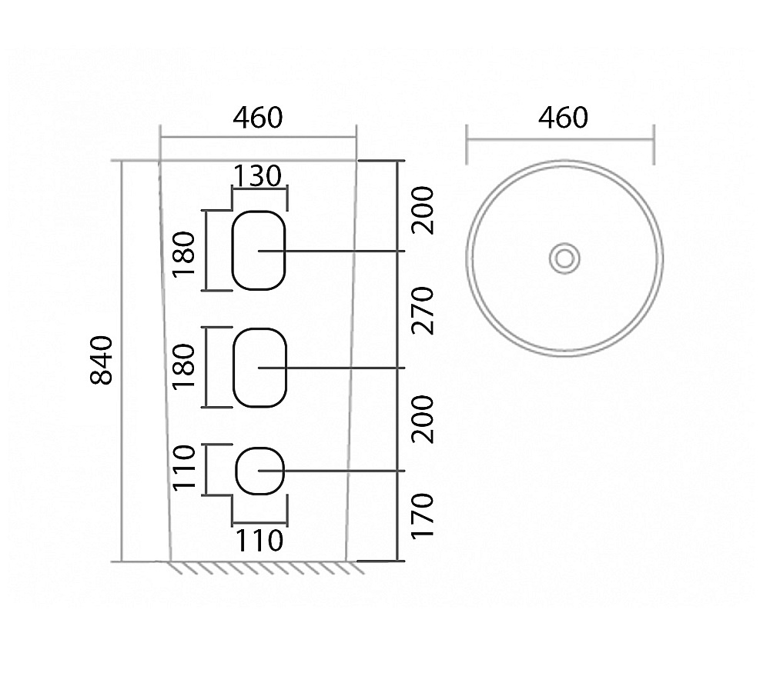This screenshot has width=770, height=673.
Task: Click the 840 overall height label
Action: coord(103,360)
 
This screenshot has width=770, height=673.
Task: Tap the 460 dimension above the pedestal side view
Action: coord(258,118)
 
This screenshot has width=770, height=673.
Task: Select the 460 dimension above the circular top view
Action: coord(563,118)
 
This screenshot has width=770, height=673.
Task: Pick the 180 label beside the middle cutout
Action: coord(185,367)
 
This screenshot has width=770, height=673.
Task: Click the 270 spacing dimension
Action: coord(423,310)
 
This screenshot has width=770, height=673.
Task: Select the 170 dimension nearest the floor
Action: coord(423,516)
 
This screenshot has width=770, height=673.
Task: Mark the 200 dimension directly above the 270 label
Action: coord(423,210)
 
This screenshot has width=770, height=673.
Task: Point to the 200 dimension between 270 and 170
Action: coord(423,419)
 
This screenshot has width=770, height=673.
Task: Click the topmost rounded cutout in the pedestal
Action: coord(259,250)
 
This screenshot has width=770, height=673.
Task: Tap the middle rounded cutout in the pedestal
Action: coord(259,367)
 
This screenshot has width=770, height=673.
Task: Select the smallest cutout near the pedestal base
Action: coord(259,470)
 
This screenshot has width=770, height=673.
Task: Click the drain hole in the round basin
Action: coord(564,258)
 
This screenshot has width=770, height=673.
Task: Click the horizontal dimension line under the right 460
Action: coord(560,140)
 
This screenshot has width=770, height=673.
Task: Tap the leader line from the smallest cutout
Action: coord(346,470)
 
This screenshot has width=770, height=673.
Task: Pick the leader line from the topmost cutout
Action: coord(346,251)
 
